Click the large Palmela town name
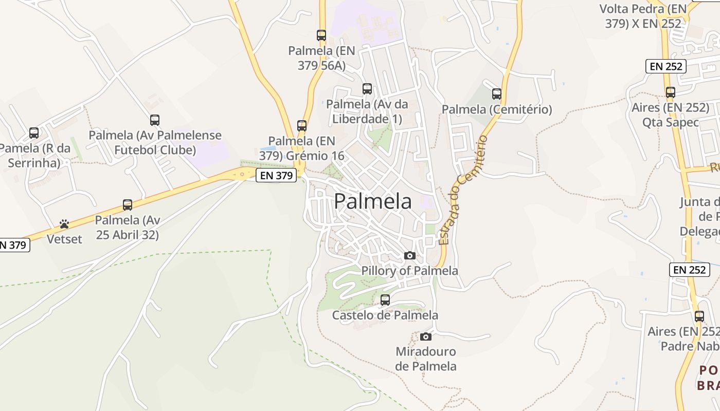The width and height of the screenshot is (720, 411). coord(373,201)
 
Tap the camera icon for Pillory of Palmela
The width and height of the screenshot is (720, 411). coord(410,255)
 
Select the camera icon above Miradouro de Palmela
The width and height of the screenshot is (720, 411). coord(426,337)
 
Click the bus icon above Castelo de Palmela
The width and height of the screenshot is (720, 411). coord(385,300)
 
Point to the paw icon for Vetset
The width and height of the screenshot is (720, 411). coord(64,224)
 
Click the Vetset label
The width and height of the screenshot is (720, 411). coord(64,239)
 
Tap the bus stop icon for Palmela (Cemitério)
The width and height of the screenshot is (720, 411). coord(497,94)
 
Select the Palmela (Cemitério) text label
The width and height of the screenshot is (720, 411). coord(497,109)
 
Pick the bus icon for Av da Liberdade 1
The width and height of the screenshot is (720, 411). coord(367,88)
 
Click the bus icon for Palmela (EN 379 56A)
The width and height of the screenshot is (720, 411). coord(321,35)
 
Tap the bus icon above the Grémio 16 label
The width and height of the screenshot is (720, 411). coord(302,125)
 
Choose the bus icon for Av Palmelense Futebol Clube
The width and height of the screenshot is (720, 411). coord(155,120)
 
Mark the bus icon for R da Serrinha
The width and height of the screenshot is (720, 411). coord(34,133)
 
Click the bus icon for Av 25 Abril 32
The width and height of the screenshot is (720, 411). coord(128,205)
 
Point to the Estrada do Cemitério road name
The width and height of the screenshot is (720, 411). coord(462,190)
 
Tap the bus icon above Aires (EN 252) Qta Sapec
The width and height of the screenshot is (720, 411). coord(671,92)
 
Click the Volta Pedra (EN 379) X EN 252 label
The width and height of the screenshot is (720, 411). coord(643,16)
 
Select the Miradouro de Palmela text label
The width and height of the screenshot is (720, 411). coord(426,359)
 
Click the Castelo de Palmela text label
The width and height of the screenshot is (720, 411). coord(385,315)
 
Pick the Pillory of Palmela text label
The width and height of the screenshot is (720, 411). coord(410,270)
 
